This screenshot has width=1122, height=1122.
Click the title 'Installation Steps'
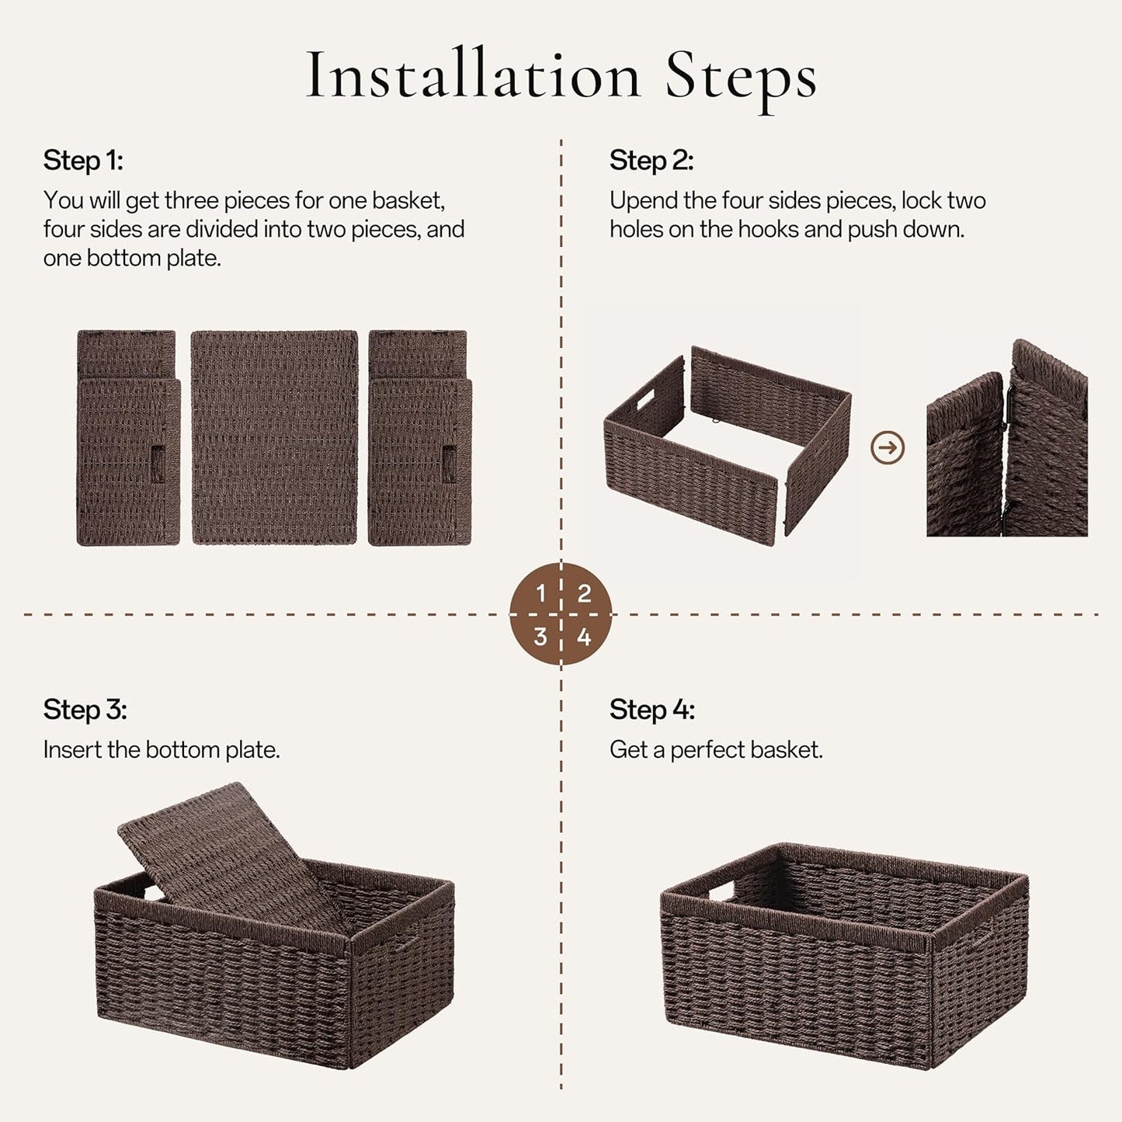561,76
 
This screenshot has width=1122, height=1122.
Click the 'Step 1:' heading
83,161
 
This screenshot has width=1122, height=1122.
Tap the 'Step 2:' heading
651,161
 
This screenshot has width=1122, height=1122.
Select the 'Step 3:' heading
85,710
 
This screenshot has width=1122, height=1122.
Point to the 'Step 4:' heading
651,710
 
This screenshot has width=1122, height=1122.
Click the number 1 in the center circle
540,594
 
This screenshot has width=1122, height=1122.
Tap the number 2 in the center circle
584,594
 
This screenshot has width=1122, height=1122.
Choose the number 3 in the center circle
540,637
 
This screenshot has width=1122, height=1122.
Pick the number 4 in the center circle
584,637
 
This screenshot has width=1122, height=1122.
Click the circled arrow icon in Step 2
888,448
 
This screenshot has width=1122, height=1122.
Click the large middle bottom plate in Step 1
274,437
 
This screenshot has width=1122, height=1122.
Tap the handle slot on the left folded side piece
158,464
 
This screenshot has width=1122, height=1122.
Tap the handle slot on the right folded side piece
450,464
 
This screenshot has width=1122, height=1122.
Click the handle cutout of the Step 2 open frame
647,402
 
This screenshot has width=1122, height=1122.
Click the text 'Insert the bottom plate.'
162,750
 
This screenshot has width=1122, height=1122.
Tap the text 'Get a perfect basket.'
715,750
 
